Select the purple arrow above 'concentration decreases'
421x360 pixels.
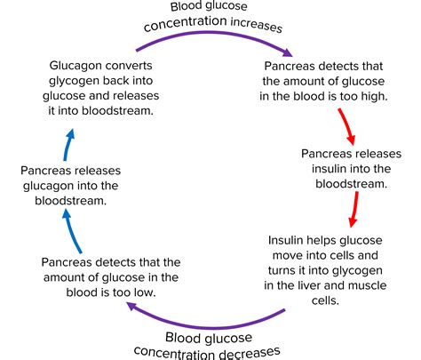207,327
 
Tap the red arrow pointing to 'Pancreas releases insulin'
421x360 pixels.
347,126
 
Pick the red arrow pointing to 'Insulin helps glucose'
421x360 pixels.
354,209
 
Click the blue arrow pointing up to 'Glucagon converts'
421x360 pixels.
68,145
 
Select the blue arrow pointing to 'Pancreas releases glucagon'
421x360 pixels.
71,231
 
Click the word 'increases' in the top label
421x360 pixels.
257,25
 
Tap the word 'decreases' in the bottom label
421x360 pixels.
250,353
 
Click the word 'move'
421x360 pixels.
288,255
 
